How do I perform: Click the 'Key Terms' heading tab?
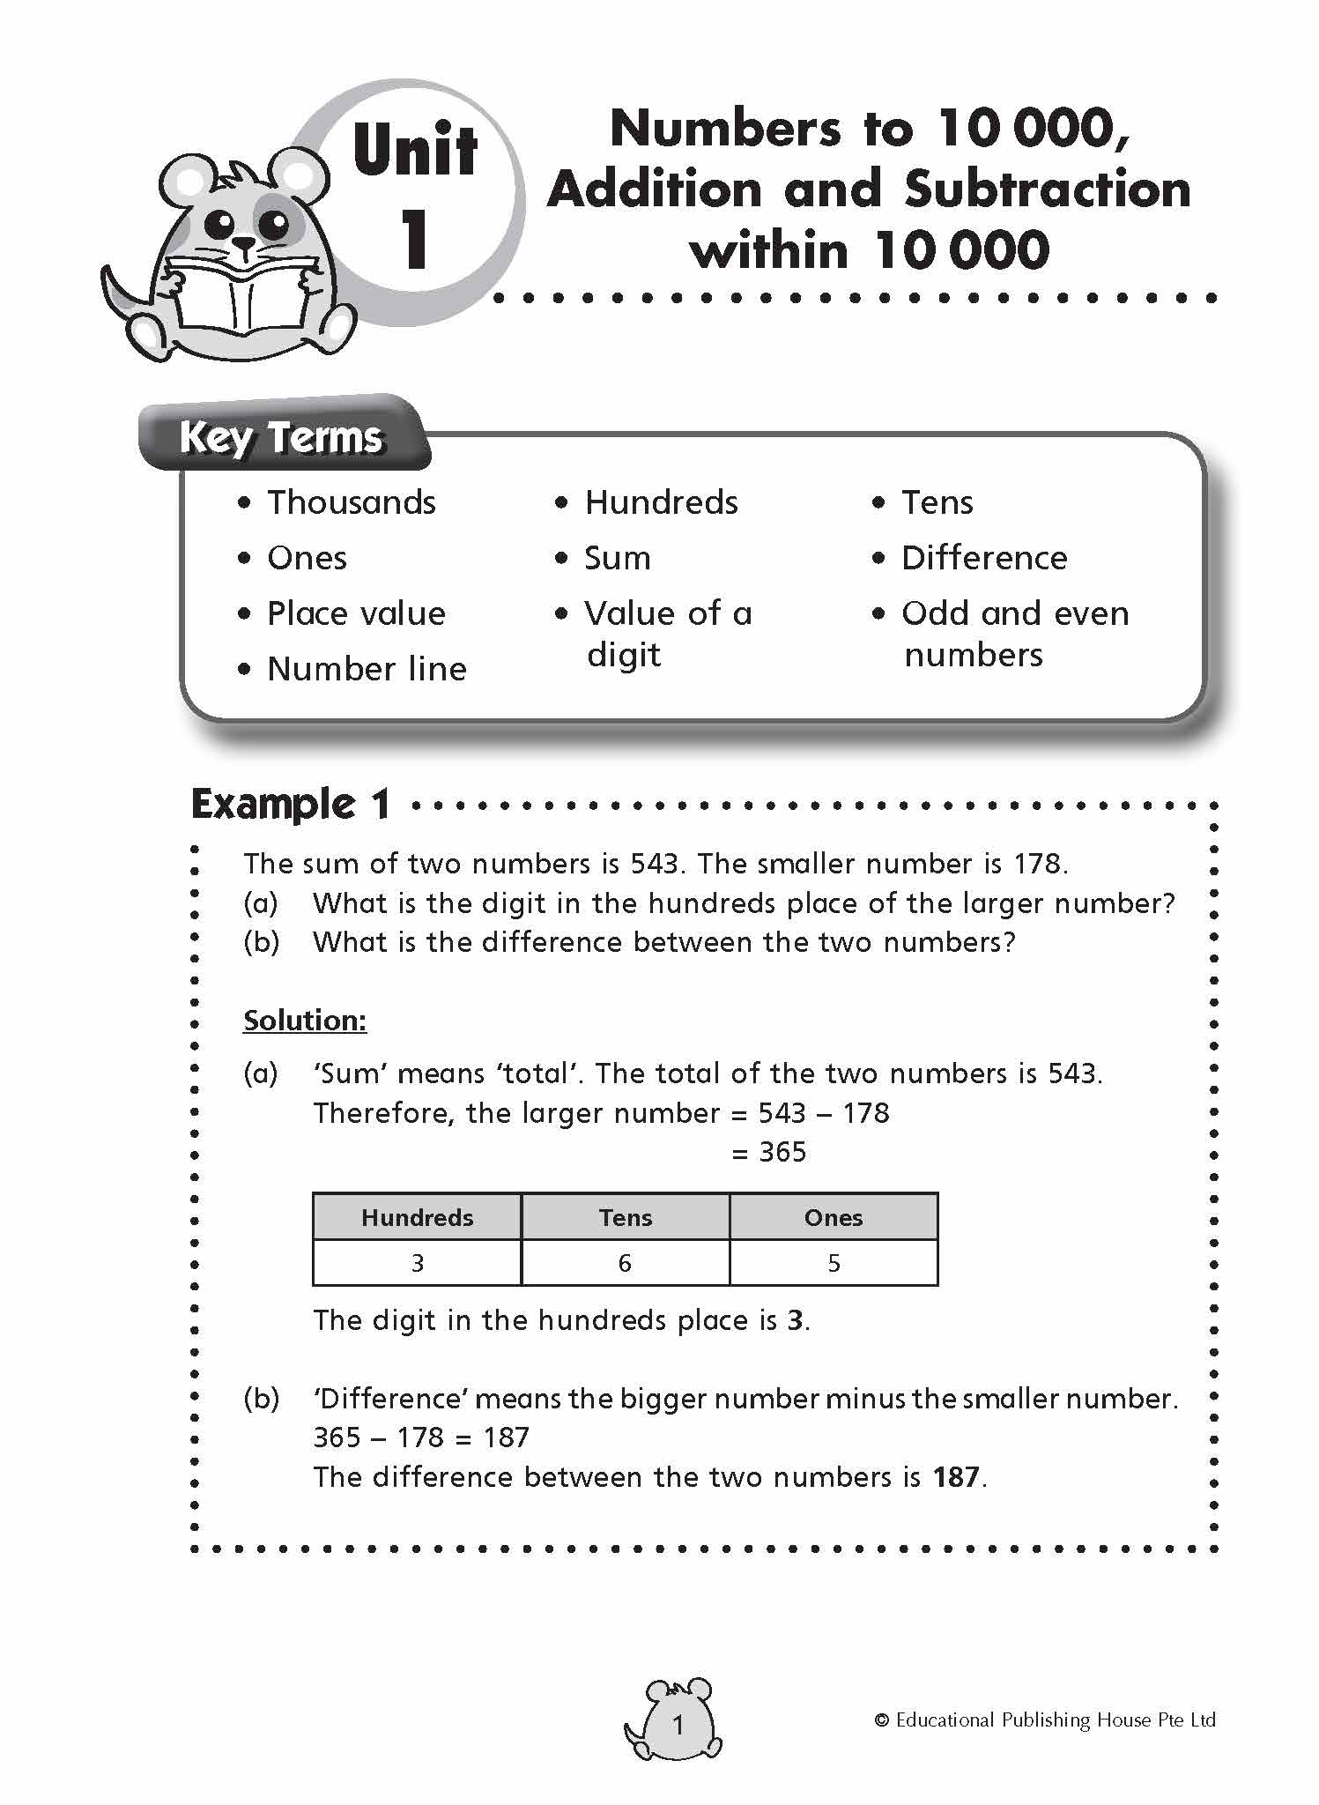click(282, 436)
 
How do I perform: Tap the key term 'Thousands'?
click(351, 502)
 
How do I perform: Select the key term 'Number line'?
click(367, 669)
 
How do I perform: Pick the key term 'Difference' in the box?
click(983, 558)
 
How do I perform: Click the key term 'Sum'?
click(617, 558)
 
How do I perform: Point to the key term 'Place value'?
click(356, 613)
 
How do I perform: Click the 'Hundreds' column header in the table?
click(417, 1217)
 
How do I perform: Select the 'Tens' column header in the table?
click(626, 1217)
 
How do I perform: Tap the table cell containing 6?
click(625, 1263)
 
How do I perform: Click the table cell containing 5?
click(834, 1263)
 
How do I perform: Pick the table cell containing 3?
click(418, 1263)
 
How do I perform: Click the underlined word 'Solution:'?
click(305, 1021)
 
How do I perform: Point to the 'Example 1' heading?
click(290, 805)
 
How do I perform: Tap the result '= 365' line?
click(769, 1152)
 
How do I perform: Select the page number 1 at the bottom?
click(678, 1726)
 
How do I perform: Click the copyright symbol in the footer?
click(881, 1720)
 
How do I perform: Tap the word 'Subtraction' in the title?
click(1048, 189)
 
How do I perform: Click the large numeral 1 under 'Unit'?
click(415, 240)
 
